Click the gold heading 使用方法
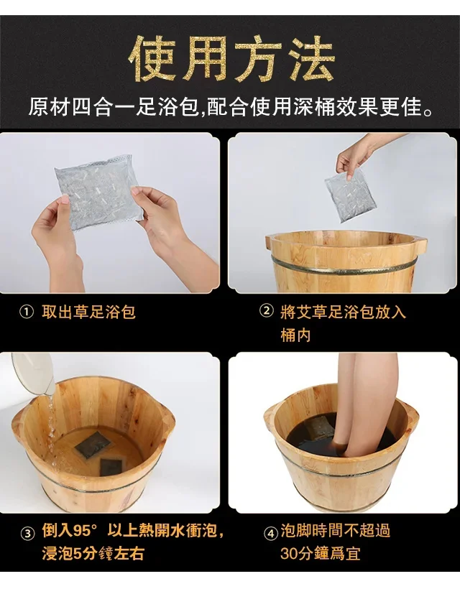tap(231, 59)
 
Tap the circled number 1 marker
tap(27, 312)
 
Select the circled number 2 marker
tap(267, 312)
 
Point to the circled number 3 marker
tap(27, 533)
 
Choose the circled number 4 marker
tap(270, 533)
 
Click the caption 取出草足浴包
tap(88, 312)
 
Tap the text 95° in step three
tap(85, 531)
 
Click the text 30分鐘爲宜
tap(320, 553)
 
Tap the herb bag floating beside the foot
tap(318, 427)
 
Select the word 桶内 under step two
tap(295, 335)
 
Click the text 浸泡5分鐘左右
tap(93, 554)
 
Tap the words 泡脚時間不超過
tap(336, 531)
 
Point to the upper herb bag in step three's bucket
tap(92, 444)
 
